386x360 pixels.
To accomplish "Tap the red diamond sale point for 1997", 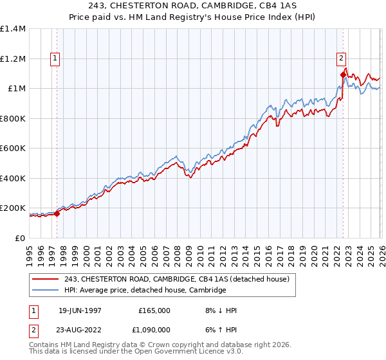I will [x=57, y=214].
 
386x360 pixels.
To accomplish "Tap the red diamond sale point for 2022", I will [x=343, y=75].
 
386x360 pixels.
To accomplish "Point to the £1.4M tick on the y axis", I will [x=13, y=29].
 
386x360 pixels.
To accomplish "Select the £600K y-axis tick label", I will [x=13, y=148].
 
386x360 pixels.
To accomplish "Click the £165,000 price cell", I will [x=154, y=310].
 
